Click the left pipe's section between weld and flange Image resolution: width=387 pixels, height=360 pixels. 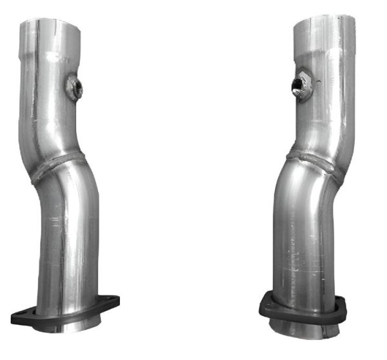(68, 239)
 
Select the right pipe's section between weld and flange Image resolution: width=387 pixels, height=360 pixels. (303, 232)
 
